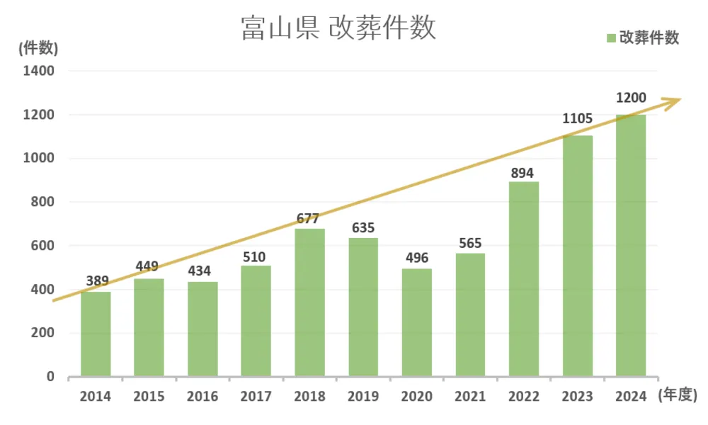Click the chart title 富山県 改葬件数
(x=338, y=29)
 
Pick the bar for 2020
(x=417, y=322)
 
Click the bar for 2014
(x=96, y=334)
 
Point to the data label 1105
(x=577, y=119)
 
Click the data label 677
(x=309, y=218)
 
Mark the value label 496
(x=417, y=258)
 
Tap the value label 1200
(x=631, y=98)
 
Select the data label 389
(x=96, y=281)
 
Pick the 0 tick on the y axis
(x=50, y=377)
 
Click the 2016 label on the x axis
(x=202, y=397)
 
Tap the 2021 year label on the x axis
(x=470, y=397)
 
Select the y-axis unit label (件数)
(x=38, y=48)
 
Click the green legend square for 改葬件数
(x=611, y=38)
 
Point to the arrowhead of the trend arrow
(x=675, y=100)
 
